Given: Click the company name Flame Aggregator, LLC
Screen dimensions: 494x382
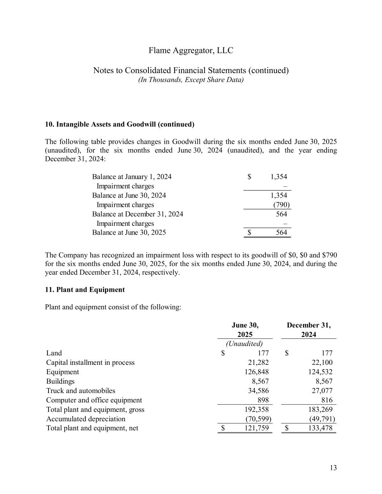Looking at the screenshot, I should [x=191, y=50].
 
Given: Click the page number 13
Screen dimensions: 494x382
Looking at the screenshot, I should [x=333, y=468].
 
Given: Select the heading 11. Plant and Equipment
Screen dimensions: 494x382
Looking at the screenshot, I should [x=85, y=290].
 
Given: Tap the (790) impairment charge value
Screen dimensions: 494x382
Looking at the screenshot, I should [x=281, y=205].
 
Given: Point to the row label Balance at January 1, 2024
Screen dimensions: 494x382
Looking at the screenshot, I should [x=132, y=177].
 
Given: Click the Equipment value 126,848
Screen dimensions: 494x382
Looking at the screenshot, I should [x=257, y=372].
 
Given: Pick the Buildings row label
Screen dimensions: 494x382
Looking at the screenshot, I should [x=60, y=381].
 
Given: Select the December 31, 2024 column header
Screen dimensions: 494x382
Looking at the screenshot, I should [x=308, y=330].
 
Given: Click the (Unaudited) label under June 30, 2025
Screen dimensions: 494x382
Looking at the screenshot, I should [x=244, y=343].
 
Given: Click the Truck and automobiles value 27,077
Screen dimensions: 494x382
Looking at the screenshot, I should [x=322, y=391].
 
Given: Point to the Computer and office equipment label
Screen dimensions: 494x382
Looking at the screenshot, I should [x=94, y=400].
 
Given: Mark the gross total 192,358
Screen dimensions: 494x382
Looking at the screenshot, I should [x=257, y=410].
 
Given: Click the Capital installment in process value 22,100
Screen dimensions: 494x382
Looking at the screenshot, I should [x=322, y=363].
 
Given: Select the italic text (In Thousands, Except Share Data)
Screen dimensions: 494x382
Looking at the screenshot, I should [x=191, y=80].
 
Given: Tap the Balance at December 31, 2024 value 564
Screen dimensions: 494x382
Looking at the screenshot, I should [x=281, y=214].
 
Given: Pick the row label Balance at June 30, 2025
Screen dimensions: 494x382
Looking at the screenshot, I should [x=129, y=233].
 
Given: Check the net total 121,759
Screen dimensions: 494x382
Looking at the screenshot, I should [x=257, y=428].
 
